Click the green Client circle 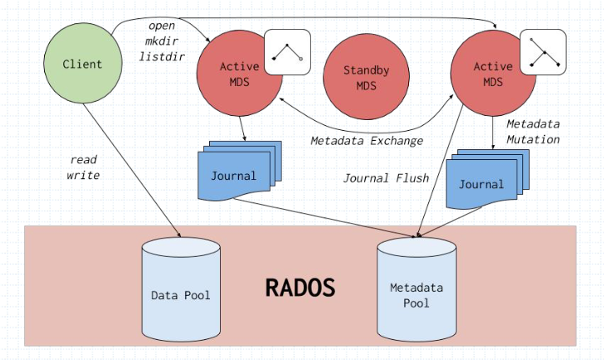(82, 64)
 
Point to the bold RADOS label (300, 288)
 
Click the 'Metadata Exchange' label (367, 140)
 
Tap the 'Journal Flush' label (386, 177)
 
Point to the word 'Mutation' (533, 139)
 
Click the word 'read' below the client (84, 159)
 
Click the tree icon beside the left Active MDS (286, 52)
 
